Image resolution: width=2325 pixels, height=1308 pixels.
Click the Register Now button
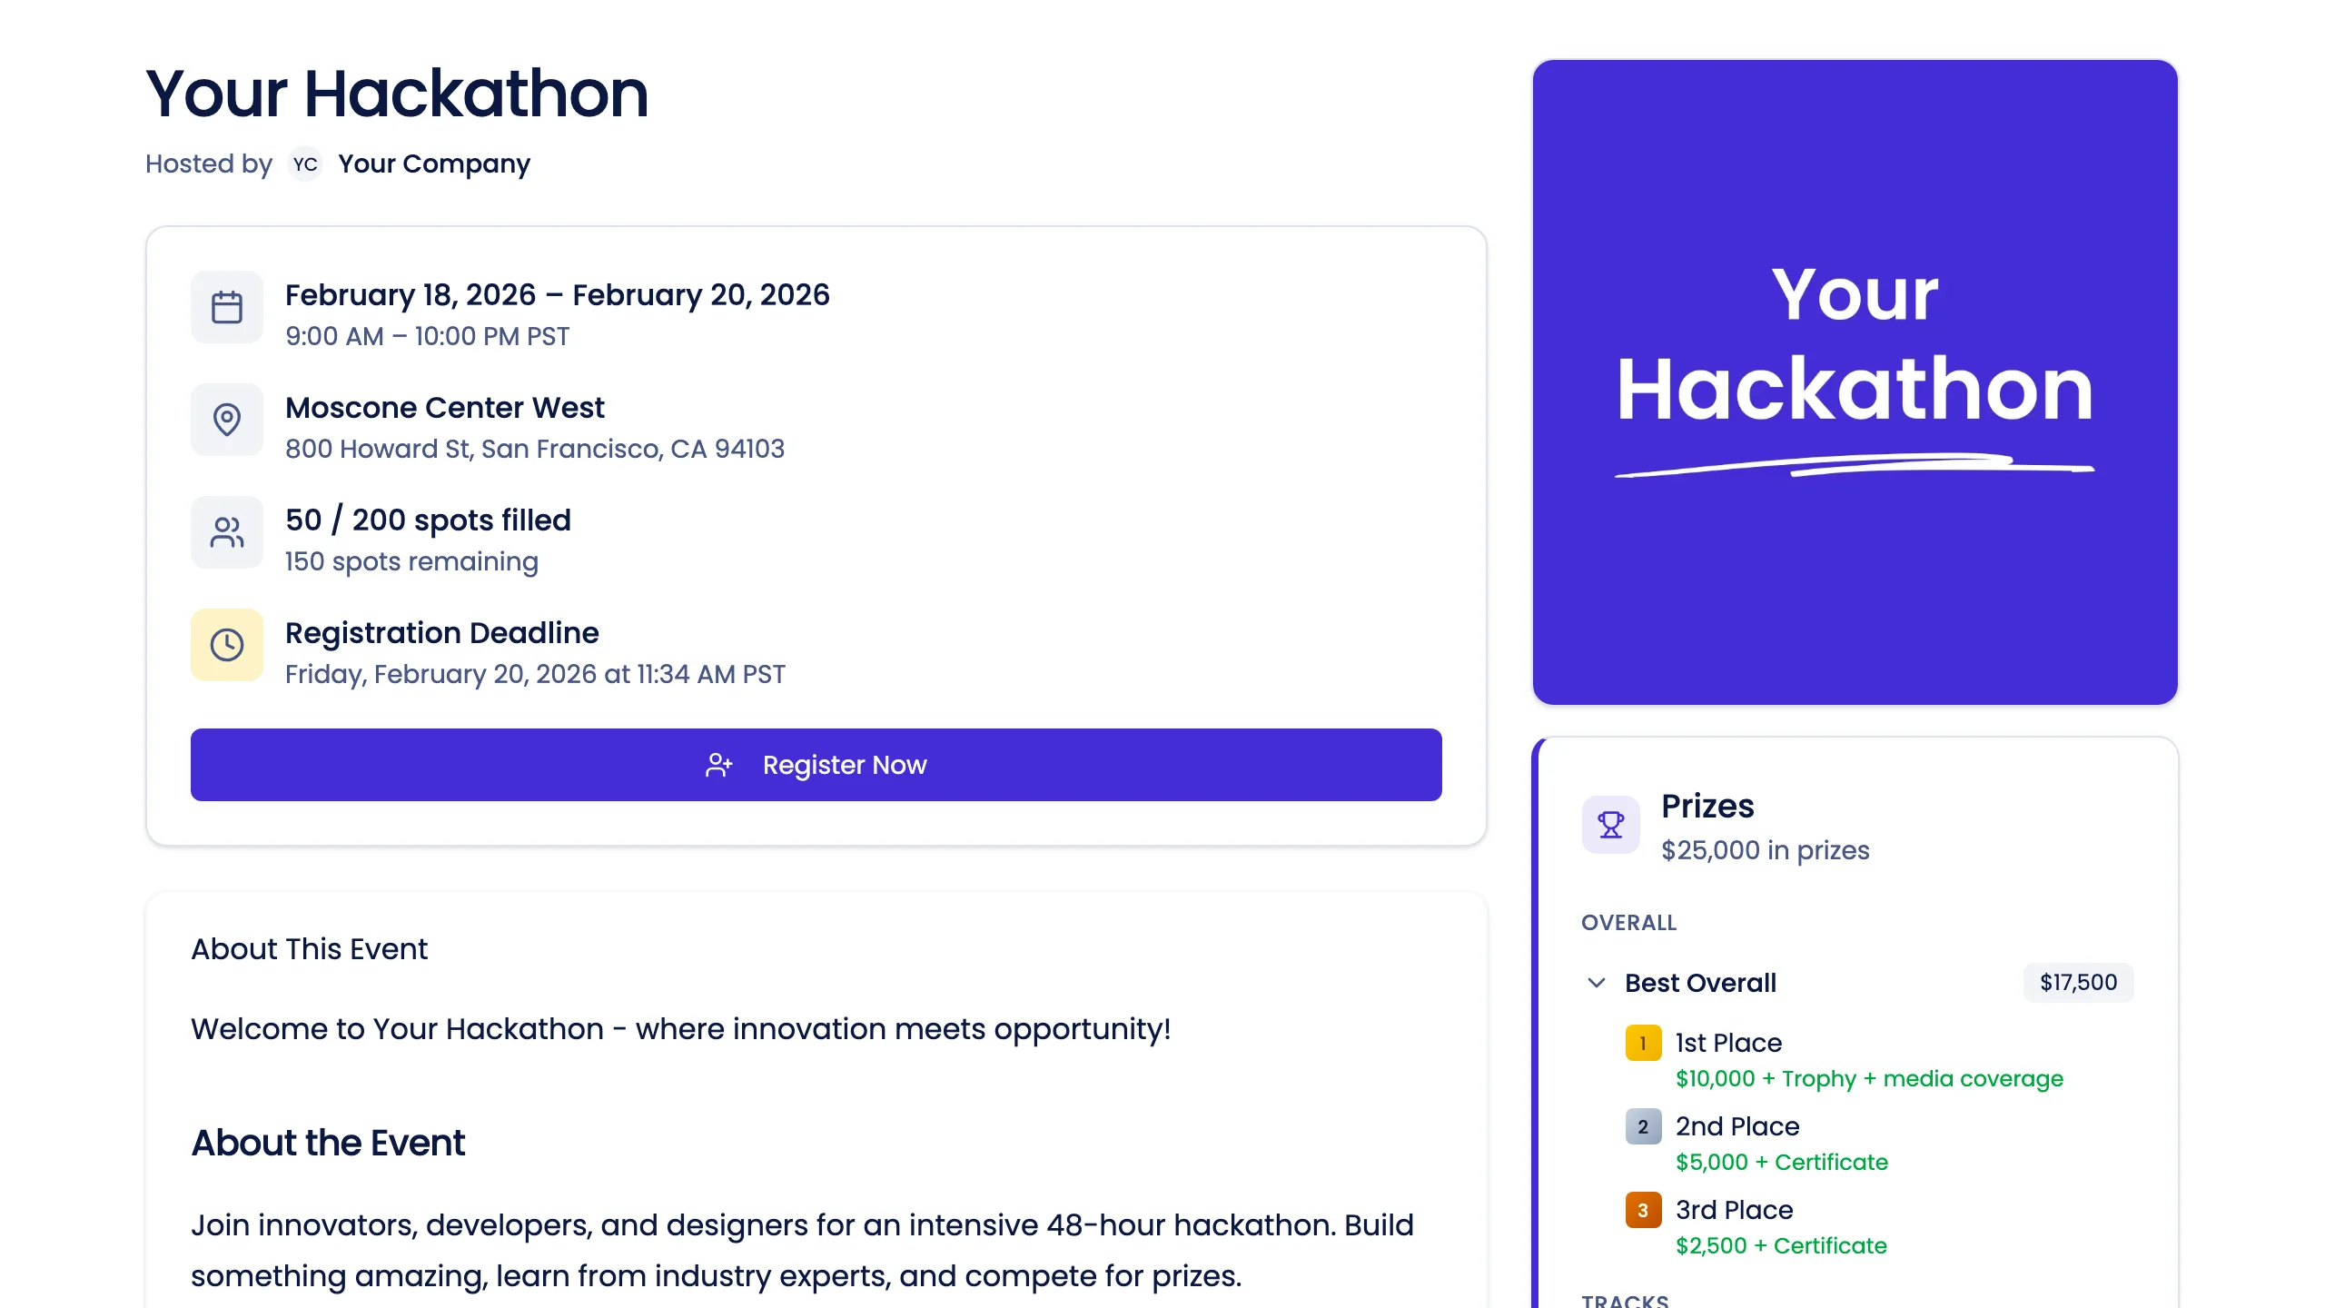coord(816,765)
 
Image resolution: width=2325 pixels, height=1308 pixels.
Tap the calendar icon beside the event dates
coord(227,307)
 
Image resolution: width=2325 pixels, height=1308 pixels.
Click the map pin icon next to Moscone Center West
coord(227,420)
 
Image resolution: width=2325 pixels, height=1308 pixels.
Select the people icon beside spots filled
coord(227,532)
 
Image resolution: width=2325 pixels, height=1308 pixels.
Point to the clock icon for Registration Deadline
coord(227,645)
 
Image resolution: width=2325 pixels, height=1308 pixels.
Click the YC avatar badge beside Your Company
coord(305,164)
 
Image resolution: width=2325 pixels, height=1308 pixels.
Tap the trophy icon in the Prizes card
coord(1610,825)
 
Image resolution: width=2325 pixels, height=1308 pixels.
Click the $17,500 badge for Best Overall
coord(2078,983)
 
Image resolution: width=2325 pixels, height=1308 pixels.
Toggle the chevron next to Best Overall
coord(1597,983)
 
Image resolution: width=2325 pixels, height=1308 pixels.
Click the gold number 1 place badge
coord(1643,1043)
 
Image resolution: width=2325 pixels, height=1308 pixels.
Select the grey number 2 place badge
coord(1643,1126)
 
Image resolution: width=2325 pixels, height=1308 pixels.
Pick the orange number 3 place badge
coord(1643,1210)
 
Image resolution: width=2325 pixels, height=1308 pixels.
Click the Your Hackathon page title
coord(397,94)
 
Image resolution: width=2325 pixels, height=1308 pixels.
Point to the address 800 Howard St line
coord(534,449)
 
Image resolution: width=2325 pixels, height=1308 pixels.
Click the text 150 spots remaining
coord(411,561)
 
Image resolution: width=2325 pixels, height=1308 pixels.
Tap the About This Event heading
coord(309,949)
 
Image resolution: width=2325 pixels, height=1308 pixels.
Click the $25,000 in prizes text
coord(1765,850)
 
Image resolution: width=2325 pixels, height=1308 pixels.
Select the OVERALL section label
coord(1628,923)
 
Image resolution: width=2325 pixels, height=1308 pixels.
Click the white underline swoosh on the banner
coord(1853,466)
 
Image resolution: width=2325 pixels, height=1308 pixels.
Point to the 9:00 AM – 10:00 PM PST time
coord(427,336)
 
